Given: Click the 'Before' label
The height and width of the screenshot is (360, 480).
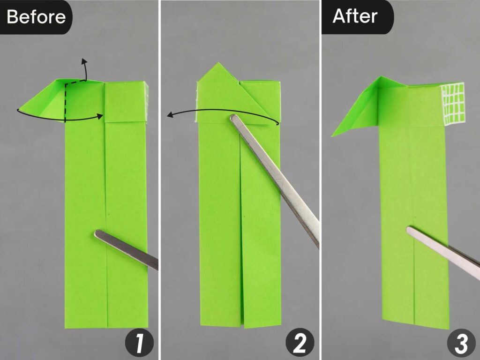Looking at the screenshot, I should [x=36, y=17].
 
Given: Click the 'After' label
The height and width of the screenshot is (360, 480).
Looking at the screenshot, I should [x=355, y=16].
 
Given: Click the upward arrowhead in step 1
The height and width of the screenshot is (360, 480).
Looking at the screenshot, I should [x=84, y=61].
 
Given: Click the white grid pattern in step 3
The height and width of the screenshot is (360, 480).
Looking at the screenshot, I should [x=453, y=103].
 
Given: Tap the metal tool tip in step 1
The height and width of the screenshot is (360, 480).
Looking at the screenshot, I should [x=99, y=234].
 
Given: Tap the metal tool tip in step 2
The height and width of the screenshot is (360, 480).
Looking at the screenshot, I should [x=234, y=119].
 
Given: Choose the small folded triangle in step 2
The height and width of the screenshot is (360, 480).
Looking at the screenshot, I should [x=255, y=96].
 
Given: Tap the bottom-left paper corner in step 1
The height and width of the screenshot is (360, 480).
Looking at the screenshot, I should [x=66, y=327].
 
